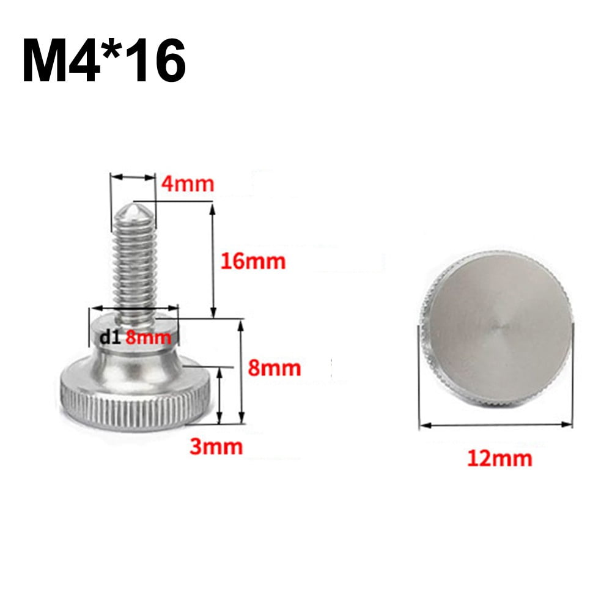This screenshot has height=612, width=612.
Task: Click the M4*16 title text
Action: (x=104, y=61)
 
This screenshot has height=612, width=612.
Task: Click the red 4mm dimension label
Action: (x=187, y=183)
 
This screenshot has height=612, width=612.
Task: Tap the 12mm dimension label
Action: (x=500, y=457)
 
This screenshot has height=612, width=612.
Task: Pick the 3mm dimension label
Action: (x=216, y=446)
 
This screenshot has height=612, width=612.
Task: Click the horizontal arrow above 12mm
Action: (x=496, y=424)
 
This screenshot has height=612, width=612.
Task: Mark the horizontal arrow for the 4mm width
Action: (x=133, y=177)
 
